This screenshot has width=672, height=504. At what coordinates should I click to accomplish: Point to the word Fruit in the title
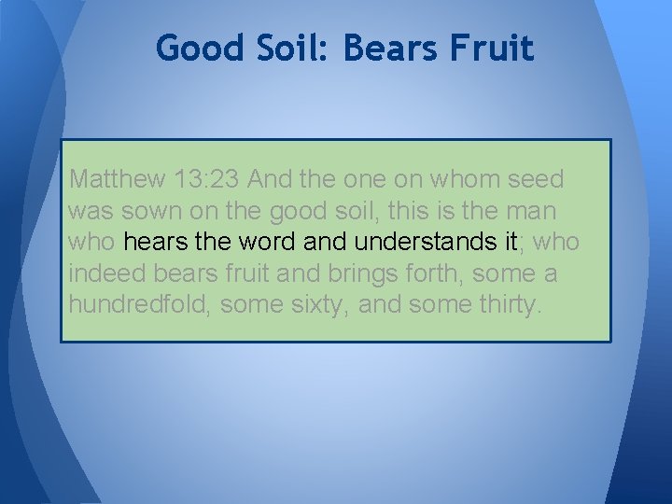coord(499,48)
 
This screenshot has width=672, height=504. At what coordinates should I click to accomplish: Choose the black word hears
coord(154,242)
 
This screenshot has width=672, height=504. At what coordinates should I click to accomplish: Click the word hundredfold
coord(140,305)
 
